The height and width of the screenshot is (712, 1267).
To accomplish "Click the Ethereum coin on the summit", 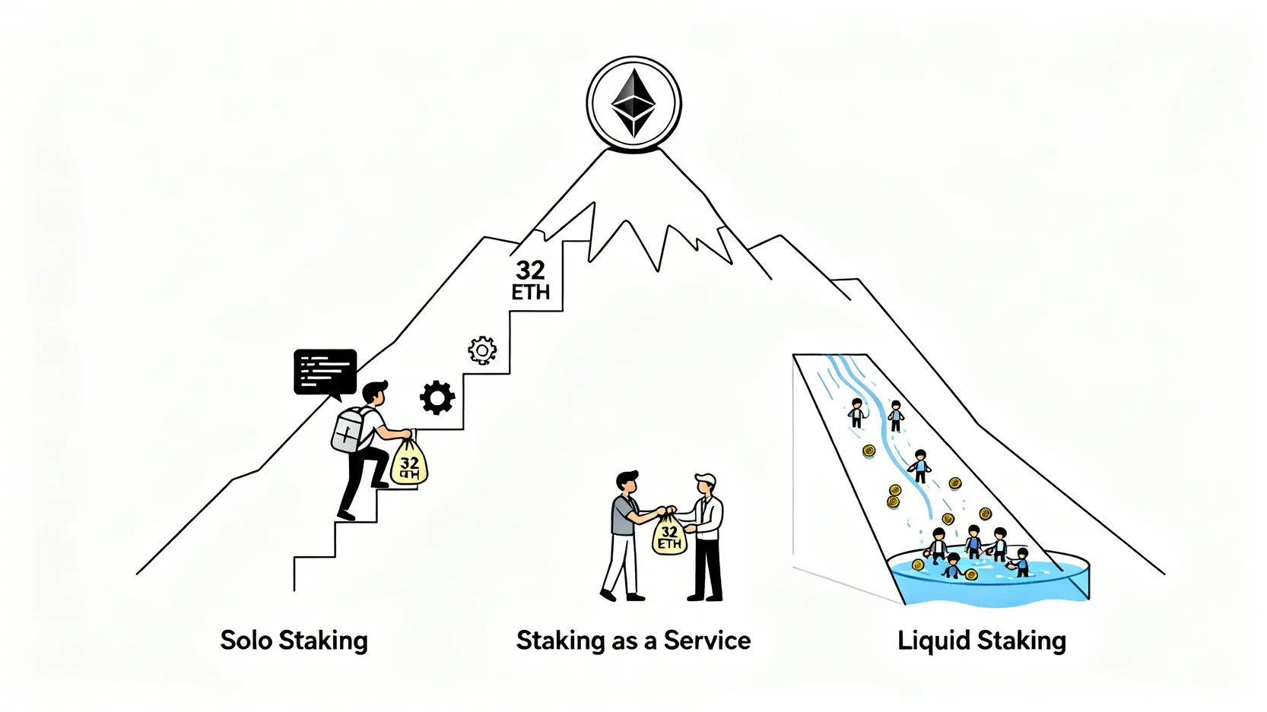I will [x=633, y=104].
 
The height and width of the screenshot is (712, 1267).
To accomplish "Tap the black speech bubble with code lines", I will [x=325, y=372].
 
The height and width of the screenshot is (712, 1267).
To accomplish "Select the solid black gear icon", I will [x=437, y=397].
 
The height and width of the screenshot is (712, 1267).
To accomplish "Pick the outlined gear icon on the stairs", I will [x=482, y=350].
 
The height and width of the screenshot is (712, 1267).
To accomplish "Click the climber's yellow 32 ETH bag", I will [x=409, y=463].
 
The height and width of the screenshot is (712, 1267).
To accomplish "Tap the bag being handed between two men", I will [x=669, y=534].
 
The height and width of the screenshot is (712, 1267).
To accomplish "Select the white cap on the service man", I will [x=706, y=479].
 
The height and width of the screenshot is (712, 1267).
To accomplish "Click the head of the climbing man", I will [x=374, y=393].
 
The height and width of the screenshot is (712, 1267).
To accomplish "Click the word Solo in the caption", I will [x=246, y=640].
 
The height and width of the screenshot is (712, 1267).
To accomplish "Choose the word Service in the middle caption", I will [x=707, y=641].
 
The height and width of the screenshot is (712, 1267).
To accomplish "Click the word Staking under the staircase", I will [x=323, y=641].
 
